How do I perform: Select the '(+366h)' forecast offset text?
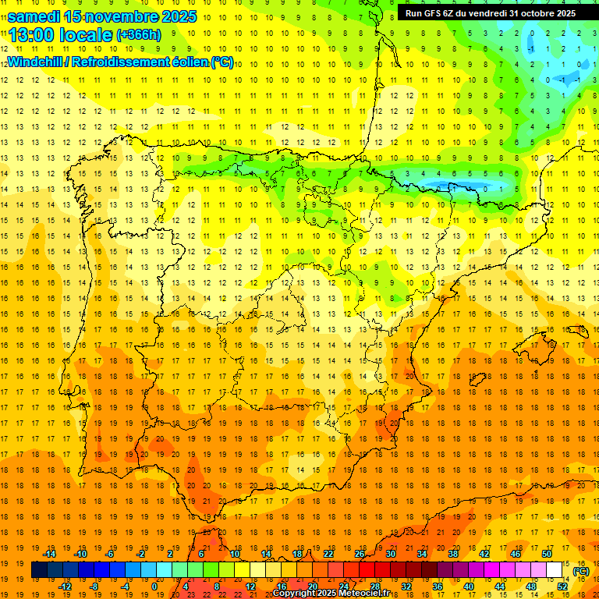click(x=138, y=35)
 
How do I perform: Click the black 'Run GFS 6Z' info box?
click(x=491, y=12)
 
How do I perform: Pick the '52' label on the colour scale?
click(x=562, y=587)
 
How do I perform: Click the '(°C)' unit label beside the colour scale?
click(x=580, y=571)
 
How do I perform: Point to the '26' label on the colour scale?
click(x=360, y=553)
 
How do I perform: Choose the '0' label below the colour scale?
click(x=155, y=587)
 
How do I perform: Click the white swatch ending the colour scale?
click(x=554, y=570)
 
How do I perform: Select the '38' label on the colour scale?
click(x=453, y=553)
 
